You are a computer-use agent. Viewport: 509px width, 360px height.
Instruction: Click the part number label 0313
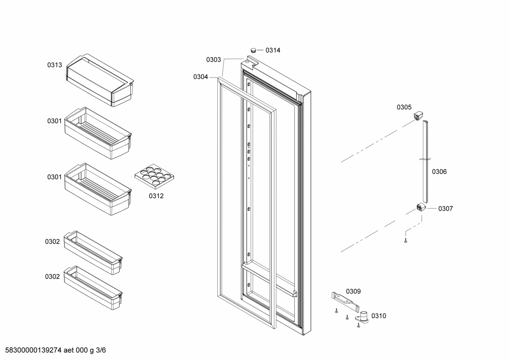(55, 65)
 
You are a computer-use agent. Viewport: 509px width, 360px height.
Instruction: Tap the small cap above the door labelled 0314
(253, 50)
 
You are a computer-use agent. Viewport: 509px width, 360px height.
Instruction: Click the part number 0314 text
(273, 51)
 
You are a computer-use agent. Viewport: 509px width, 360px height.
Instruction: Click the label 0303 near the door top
(214, 60)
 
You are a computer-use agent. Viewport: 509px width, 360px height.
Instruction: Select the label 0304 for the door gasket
(200, 77)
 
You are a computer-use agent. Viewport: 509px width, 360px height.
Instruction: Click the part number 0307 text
(445, 209)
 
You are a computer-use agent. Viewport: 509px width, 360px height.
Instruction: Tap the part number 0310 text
(379, 316)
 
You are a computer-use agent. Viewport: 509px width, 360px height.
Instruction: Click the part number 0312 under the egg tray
(156, 196)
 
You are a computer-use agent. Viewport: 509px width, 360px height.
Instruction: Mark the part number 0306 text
(439, 172)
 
